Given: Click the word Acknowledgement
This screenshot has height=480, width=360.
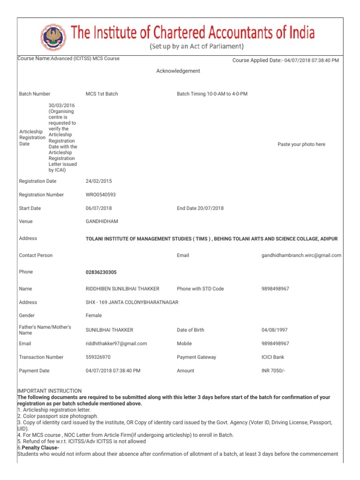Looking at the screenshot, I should click(x=178, y=71).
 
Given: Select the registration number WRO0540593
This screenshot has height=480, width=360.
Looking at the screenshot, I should click(x=101, y=195).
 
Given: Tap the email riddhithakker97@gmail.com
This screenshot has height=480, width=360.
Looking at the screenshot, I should click(x=116, y=344).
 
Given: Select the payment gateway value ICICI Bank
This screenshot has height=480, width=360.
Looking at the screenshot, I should click(x=273, y=357).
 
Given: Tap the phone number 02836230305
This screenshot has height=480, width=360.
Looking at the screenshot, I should click(x=101, y=272).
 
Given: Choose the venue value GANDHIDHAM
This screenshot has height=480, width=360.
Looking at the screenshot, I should click(x=101, y=221).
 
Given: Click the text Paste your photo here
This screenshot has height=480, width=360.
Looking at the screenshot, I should click(x=301, y=144).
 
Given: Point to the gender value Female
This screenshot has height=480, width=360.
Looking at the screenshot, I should click(x=94, y=315).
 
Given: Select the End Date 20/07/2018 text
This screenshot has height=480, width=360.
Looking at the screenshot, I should click(x=200, y=208).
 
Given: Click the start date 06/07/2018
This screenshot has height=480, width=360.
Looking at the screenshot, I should click(x=99, y=208).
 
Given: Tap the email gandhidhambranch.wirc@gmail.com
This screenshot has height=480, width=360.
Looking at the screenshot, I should click(x=301, y=255).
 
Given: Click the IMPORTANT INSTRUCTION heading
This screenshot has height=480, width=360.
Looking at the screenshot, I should click(x=49, y=391).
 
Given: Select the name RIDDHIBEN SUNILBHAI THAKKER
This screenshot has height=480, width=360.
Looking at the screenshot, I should click(x=122, y=289).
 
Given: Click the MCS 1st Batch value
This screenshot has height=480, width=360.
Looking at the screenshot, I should click(x=102, y=94).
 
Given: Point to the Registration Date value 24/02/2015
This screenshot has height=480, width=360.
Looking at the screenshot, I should click(x=99, y=181).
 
